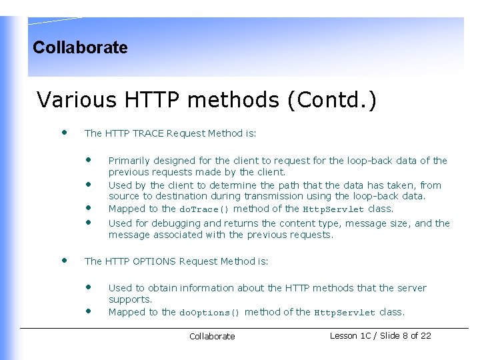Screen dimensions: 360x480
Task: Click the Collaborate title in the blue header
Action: pyautogui.click(x=80, y=47)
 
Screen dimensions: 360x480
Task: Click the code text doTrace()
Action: pyautogui.click(x=205, y=209)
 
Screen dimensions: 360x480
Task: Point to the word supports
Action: pyautogui.click(x=130, y=299)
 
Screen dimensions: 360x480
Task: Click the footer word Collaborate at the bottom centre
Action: pyautogui.click(x=212, y=337)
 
